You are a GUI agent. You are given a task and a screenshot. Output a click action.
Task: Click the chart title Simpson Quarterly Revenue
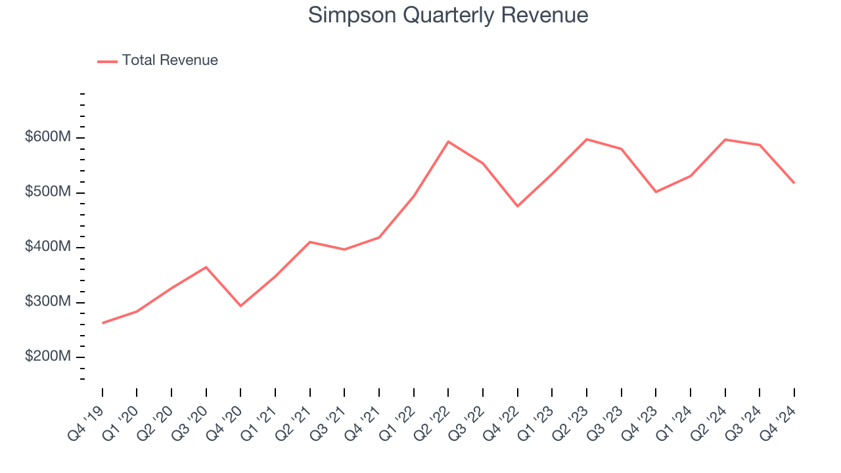448,15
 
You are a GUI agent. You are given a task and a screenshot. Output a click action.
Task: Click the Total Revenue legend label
170,60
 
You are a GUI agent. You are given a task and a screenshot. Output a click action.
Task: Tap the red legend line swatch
107,61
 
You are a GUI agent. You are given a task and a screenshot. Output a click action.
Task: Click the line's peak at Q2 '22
448,141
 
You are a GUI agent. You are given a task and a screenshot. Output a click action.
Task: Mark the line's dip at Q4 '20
240,305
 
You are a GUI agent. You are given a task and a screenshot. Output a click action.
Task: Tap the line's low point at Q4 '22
517,206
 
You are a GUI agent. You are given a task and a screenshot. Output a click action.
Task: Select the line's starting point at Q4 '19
102,323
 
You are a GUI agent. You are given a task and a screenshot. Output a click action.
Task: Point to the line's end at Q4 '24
794,183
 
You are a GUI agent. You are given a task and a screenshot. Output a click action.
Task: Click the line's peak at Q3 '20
206,267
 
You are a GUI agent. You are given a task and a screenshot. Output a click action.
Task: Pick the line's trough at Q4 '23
656,192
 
